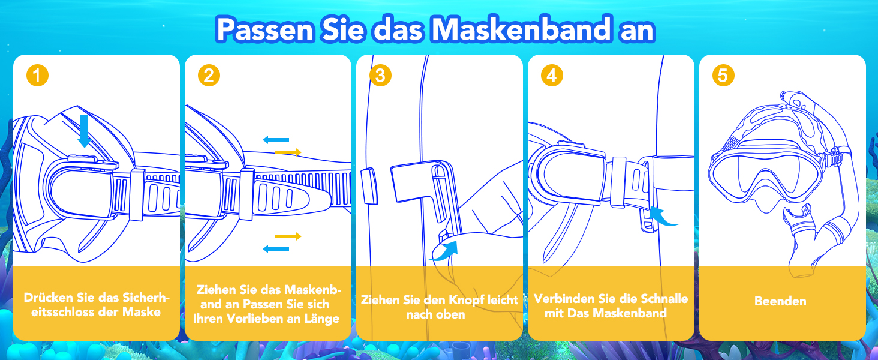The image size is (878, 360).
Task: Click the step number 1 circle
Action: pyautogui.click(x=37, y=75)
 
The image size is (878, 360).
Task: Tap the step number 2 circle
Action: pyautogui.click(x=209, y=75)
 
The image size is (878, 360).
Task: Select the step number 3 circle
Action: pyautogui.click(x=380, y=75)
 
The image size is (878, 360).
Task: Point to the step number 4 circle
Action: pyautogui.click(x=552, y=75)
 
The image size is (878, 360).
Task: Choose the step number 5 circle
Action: pyautogui.click(x=723, y=75)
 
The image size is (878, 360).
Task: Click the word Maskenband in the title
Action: pyautogui.click(x=521, y=29)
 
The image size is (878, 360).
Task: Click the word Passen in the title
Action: pyautogui.click(x=265, y=30)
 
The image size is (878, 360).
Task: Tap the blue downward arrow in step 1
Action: pyautogui.click(x=84, y=131)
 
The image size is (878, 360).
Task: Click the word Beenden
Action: pyautogui.click(x=780, y=301)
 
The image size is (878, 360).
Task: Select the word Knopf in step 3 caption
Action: pyautogui.click(x=465, y=301)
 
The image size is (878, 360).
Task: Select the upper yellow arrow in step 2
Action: pyautogui.click(x=288, y=152)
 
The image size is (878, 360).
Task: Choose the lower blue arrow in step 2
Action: pyautogui.click(x=276, y=248)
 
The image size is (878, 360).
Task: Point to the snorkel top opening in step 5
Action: pyautogui.click(x=789, y=97)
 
